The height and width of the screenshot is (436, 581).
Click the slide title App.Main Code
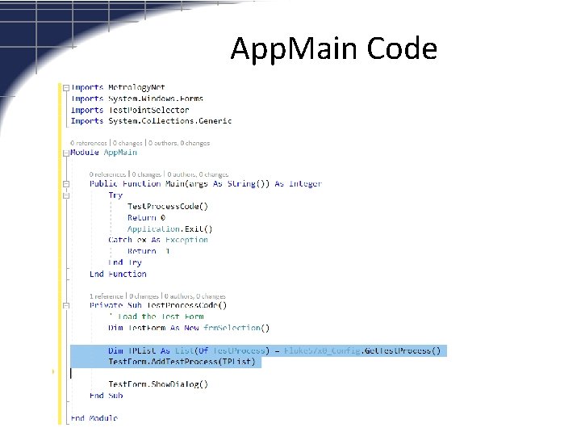(333, 49)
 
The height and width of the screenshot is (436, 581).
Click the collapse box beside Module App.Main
(65, 152)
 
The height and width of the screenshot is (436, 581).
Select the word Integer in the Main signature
(304, 183)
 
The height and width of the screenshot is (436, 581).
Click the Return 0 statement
(146, 217)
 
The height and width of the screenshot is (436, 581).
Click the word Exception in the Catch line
(186, 240)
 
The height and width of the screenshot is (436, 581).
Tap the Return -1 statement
(148, 251)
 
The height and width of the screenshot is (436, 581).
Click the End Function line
(118, 274)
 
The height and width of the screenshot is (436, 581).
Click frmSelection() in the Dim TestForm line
(243, 328)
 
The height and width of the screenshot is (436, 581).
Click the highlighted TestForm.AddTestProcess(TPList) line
(182, 362)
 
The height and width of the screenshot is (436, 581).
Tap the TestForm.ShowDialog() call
(157, 384)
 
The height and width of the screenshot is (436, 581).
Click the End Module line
(93, 418)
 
